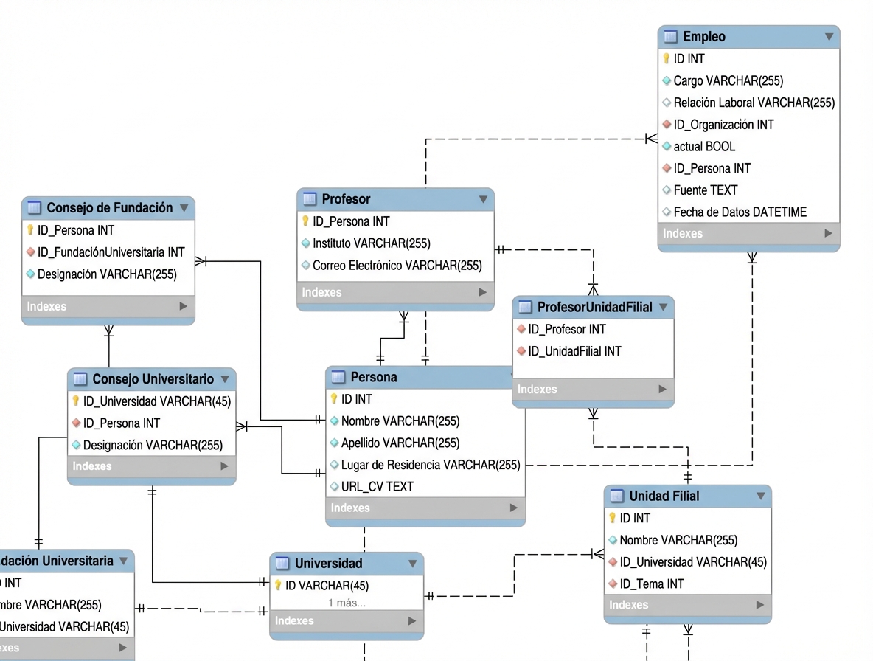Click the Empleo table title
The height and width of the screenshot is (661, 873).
click(x=704, y=37)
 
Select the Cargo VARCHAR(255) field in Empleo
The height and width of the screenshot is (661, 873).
click(x=728, y=80)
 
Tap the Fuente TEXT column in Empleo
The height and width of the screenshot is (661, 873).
click(x=705, y=190)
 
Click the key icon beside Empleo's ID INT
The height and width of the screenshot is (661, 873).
click(x=667, y=58)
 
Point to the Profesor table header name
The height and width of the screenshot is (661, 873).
click(x=346, y=199)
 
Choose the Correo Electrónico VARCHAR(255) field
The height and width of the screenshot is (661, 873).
click(x=397, y=265)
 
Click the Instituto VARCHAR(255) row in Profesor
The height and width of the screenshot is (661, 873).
click(x=371, y=243)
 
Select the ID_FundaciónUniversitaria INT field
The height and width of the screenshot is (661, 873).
click(x=111, y=252)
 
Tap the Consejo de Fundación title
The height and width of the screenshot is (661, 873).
click(x=109, y=208)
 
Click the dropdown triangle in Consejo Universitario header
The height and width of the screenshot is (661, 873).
click(x=225, y=379)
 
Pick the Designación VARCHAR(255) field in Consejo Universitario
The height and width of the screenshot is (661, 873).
click(x=153, y=445)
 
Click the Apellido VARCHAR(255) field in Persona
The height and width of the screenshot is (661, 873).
click(x=400, y=443)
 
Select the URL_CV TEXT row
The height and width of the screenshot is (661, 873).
click(x=377, y=486)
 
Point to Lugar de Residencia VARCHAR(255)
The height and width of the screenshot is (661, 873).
click(x=430, y=465)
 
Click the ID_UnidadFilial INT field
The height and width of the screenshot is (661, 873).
click(x=574, y=351)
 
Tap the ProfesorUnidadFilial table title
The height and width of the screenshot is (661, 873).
click(x=594, y=307)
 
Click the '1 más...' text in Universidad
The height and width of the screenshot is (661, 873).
click(x=347, y=603)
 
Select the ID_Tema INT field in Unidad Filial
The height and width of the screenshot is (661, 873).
click(x=651, y=584)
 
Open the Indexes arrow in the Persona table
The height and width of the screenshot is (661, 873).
click(x=514, y=508)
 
